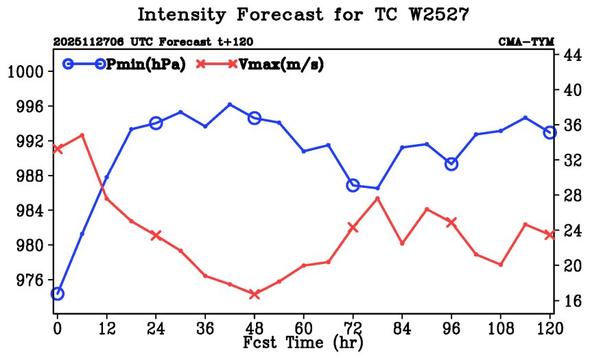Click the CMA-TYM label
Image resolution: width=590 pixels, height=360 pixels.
click(526, 42)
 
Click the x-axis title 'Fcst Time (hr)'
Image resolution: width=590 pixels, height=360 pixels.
click(303, 342)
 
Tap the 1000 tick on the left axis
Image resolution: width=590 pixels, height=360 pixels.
click(26, 72)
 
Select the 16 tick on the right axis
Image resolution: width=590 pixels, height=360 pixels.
click(573, 300)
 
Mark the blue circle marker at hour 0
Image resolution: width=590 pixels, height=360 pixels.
click(58, 293)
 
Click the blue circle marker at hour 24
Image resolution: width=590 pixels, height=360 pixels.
click(156, 123)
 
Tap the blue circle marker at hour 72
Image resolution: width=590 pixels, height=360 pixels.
click(353, 185)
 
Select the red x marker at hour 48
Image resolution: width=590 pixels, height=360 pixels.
click(255, 294)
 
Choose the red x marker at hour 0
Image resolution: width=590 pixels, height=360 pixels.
click(58, 149)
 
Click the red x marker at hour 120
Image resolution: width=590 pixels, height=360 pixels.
click(550, 235)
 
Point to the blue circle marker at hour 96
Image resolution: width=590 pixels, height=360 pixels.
click(451, 164)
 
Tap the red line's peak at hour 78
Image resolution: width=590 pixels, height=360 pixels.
click(377, 198)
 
